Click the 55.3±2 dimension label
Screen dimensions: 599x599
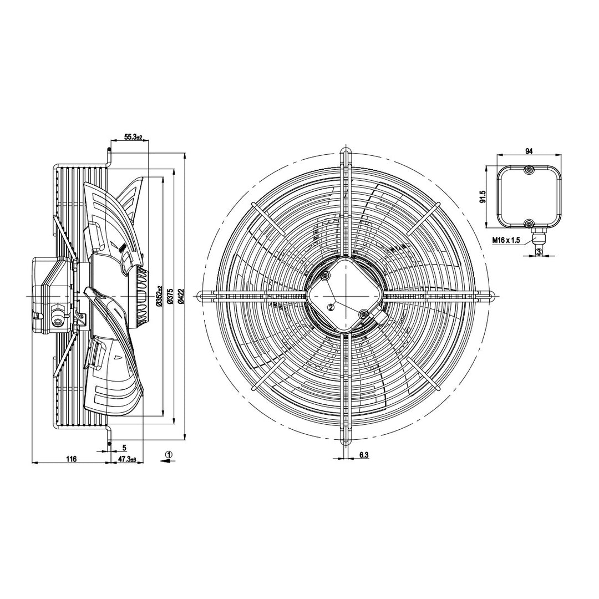pos(133,137)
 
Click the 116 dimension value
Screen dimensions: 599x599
pos(72,459)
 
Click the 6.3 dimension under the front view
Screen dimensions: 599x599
pos(364,455)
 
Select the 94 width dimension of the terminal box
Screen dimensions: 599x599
pos(529,151)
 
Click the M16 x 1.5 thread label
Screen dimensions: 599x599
pos(506,240)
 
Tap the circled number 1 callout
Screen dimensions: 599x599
pos(169,454)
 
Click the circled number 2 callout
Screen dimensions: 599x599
pos(331,306)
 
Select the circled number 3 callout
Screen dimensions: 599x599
pos(539,252)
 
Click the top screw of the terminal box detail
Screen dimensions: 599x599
pos(529,170)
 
